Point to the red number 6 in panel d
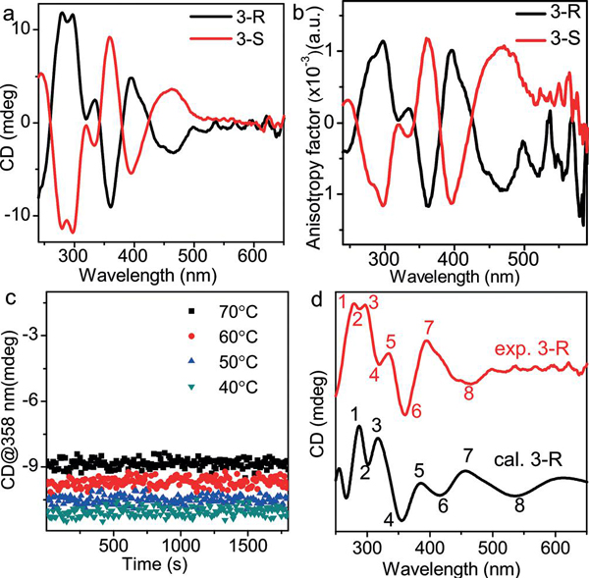pos(417,409)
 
